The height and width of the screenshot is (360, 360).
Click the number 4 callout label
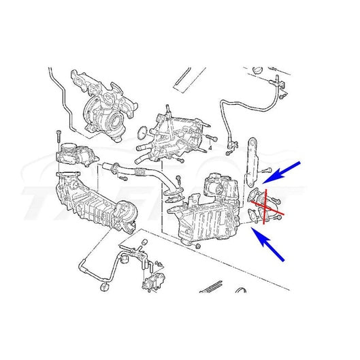tap(212, 146)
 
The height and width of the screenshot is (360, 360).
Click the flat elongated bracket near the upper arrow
tap(253, 160)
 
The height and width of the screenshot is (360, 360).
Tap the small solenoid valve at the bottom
tap(151, 287)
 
